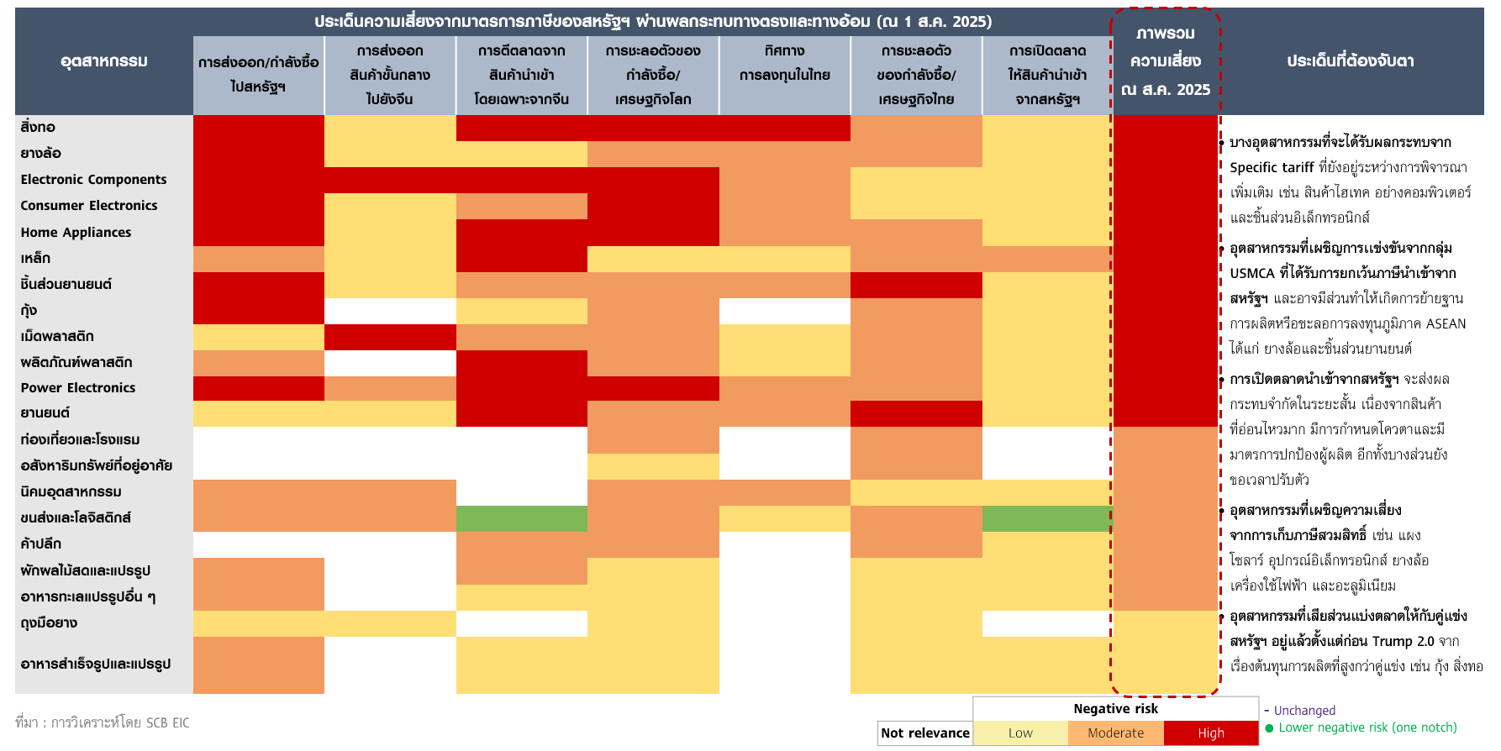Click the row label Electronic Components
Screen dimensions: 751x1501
tap(93, 180)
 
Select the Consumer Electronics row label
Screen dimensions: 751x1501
tap(89, 206)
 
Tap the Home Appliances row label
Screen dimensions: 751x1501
tap(76, 233)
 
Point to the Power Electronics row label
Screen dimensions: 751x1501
tap(78, 388)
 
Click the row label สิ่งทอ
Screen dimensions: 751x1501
tap(38, 128)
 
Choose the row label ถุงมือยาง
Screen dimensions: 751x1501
tap(49, 623)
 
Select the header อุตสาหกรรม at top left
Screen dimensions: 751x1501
tap(104, 61)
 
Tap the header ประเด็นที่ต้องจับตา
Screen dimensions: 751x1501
tap(1350, 61)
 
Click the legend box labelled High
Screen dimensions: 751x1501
tap(1210, 733)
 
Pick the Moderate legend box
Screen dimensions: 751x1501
tap(1115, 733)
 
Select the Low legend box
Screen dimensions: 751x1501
tap(1020, 733)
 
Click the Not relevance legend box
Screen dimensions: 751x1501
tap(924, 733)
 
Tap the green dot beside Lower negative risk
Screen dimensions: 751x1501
tap(1269, 728)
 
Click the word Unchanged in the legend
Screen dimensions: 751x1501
tap(1304, 711)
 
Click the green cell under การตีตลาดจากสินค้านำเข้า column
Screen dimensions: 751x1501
tap(521, 518)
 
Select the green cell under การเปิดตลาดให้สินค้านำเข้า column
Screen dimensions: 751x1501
tap(1046, 518)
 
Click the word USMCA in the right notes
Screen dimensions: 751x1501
tap(1252, 274)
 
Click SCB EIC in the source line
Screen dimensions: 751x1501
tap(167, 723)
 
